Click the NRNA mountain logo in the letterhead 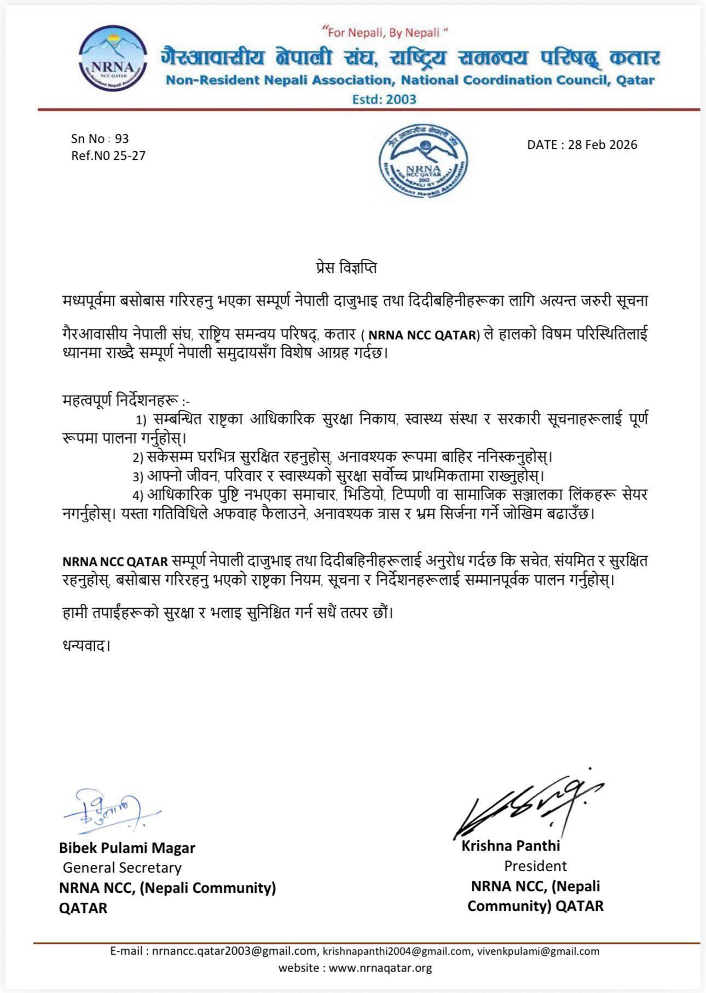pyautogui.click(x=114, y=61)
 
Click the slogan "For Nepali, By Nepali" pyautogui.click(x=386, y=33)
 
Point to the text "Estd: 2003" pyautogui.click(x=385, y=100)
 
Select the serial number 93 pyautogui.click(x=121, y=138)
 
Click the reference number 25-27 pyautogui.click(x=129, y=155)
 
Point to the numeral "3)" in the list pyautogui.click(x=138, y=476)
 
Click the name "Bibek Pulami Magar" pyautogui.click(x=127, y=848)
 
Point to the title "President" pyautogui.click(x=535, y=866)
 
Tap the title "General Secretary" pyautogui.click(x=122, y=868)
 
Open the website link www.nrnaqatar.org pyautogui.click(x=380, y=968)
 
